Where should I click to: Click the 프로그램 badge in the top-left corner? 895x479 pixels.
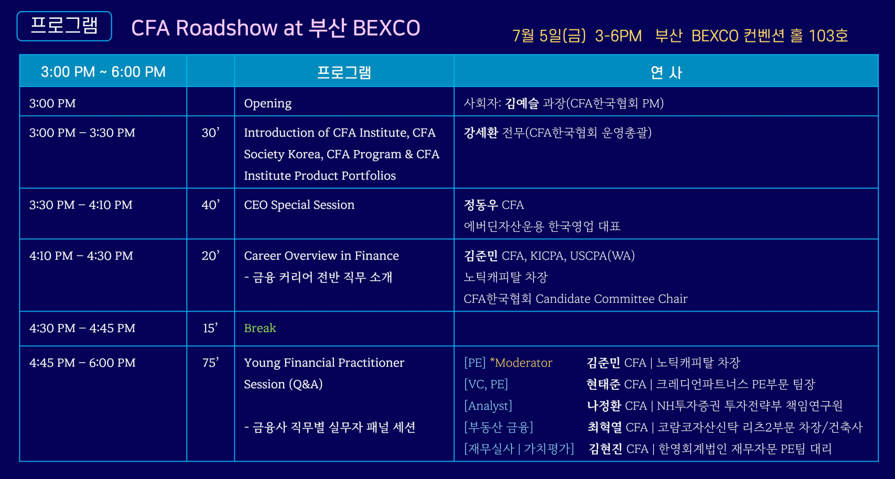point(64,26)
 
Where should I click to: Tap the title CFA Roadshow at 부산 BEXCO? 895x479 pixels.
point(276,28)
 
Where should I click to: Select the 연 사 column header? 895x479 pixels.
point(666,72)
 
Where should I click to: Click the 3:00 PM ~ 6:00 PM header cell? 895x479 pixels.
point(103,72)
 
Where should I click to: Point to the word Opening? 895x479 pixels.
point(268,103)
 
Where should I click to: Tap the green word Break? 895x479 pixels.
point(260,328)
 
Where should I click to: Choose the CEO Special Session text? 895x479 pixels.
point(299,205)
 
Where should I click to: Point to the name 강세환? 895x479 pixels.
point(481,132)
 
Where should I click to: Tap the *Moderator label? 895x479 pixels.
point(521,363)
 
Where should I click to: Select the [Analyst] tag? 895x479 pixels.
point(488,406)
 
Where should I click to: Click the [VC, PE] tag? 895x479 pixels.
point(486,384)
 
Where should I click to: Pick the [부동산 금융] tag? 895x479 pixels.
point(498,428)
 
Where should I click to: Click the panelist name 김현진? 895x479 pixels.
point(606,449)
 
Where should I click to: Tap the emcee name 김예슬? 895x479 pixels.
point(522,103)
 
